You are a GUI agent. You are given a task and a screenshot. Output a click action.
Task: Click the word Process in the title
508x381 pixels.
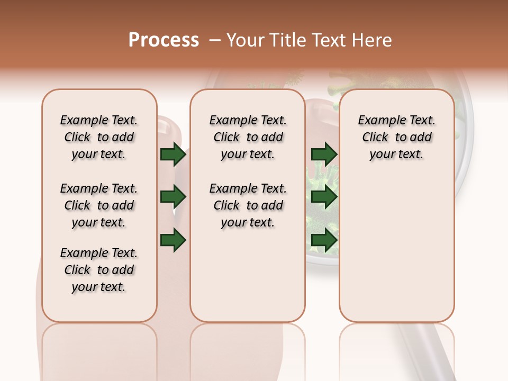coord(164,40)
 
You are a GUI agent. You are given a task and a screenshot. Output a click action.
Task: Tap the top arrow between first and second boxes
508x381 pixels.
coord(173,155)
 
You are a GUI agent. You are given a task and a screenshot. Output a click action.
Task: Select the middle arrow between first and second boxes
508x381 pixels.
coord(173,197)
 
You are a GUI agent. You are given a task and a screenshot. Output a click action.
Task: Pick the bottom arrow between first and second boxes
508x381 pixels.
coord(173,240)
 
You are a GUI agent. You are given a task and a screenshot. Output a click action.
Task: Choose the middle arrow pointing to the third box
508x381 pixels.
coord(324,197)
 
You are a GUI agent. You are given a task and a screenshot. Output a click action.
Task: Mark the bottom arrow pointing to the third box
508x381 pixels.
coord(324,240)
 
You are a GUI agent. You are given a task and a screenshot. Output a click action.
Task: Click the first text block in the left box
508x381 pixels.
coord(99,137)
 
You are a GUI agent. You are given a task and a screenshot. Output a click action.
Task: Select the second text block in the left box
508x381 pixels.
coord(99,205)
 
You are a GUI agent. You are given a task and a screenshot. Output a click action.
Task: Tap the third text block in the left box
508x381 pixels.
coord(99,270)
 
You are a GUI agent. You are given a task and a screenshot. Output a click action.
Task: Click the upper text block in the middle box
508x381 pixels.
coord(248,137)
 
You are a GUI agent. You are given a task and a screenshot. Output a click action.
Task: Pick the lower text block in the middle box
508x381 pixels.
coord(248,205)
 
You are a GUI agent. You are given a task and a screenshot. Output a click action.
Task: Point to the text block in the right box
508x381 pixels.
coord(397,137)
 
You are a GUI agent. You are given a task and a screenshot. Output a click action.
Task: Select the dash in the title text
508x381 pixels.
coord(214,40)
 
